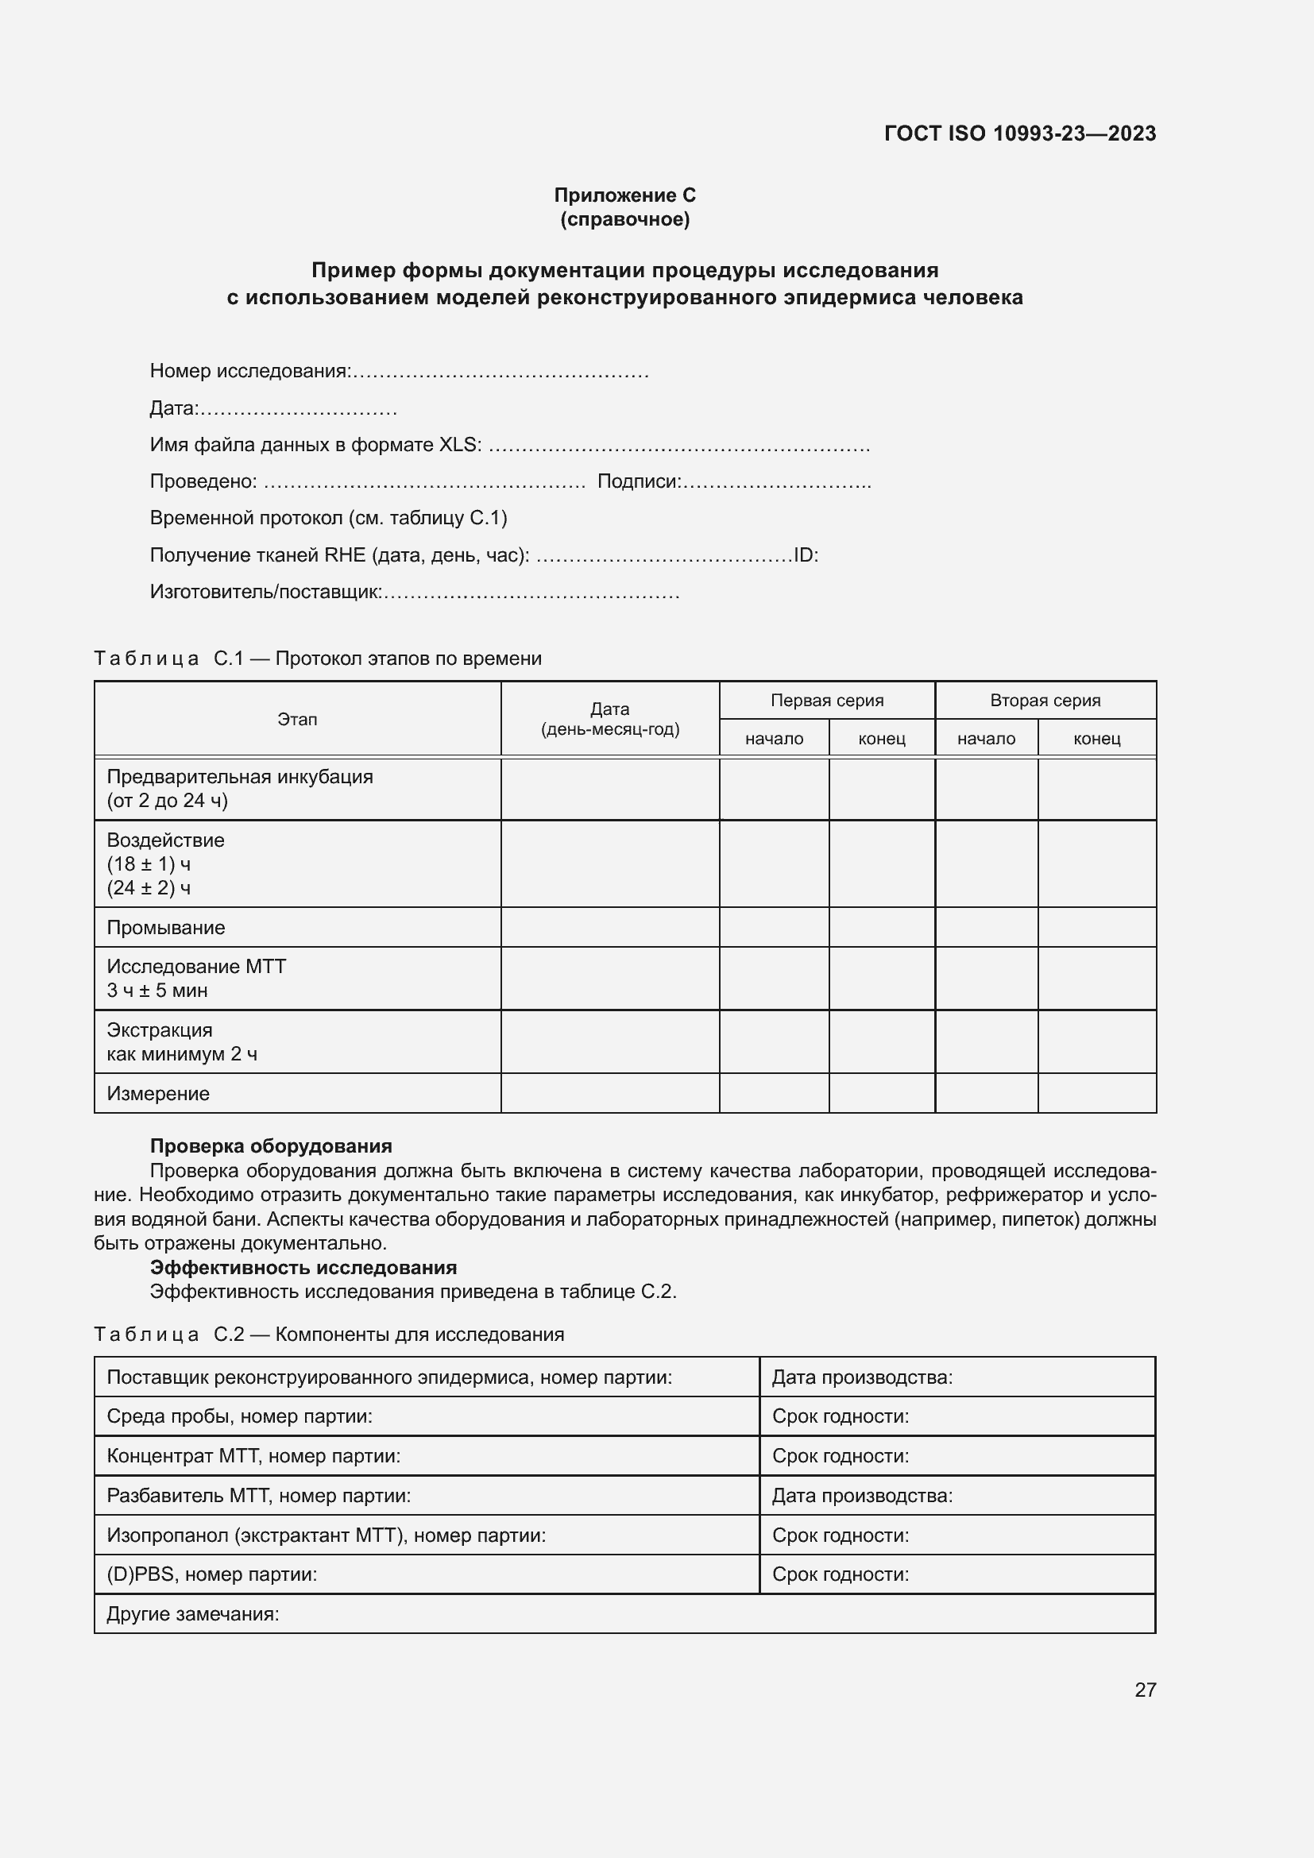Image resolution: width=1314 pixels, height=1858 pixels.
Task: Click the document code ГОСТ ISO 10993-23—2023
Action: (x=1019, y=133)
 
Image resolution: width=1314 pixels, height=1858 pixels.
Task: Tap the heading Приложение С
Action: (x=624, y=195)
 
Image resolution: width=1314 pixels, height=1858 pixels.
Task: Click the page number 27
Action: (x=1145, y=1690)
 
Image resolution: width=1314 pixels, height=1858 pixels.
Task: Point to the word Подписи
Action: (x=639, y=481)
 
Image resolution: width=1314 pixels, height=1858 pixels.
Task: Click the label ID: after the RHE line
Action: (x=806, y=555)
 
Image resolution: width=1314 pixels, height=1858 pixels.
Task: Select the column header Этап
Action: (x=297, y=720)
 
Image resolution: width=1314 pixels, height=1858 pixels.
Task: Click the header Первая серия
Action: (x=826, y=701)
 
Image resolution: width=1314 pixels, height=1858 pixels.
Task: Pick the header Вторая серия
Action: (x=1045, y=701)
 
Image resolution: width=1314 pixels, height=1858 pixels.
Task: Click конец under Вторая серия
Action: (x=1096, y=739)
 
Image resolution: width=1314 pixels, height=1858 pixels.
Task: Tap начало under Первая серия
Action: (x=774, y=739)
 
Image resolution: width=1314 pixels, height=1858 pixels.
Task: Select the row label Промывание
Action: (x=166, y=927)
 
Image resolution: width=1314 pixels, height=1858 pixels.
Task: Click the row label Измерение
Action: (x=158, y=1093)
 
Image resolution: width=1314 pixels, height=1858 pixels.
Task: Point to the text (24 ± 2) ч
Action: (x=149, y=888)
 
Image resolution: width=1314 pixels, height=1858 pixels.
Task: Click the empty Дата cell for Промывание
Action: (x=609, y=927)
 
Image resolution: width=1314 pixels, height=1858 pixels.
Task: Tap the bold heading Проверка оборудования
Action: (x=271, y=1146)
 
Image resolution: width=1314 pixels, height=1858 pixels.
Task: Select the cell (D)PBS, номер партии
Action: (x=212, y=1574)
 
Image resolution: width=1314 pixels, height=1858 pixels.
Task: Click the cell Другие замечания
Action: (x=192, y=1613)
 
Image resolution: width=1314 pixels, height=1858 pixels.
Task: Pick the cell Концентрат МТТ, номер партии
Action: (x=253, y=1456)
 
